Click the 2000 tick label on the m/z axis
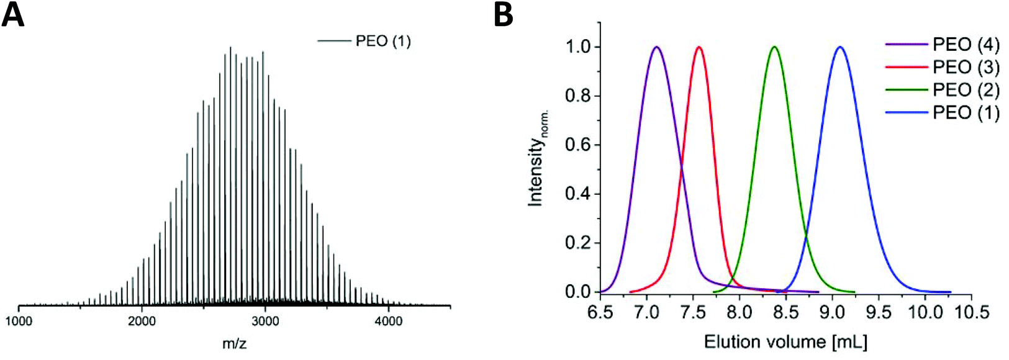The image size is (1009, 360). coord(142,321)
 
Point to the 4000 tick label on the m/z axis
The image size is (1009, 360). coord(389,321)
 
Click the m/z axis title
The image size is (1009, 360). coord(234,343)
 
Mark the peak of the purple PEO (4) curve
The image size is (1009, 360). coord(656,47)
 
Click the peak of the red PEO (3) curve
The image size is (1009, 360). coord(699,47)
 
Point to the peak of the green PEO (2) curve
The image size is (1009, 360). coord(774,47)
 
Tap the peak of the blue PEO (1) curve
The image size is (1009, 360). coord(840,47)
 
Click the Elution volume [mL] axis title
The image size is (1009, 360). coord(785,342)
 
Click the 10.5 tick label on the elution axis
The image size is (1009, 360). coord(972,312)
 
